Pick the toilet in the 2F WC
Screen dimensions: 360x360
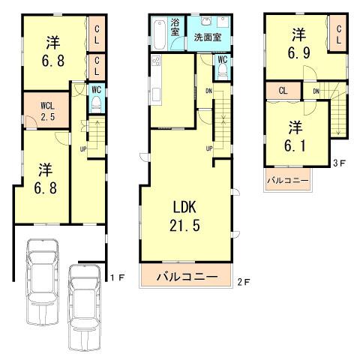coord(222,71)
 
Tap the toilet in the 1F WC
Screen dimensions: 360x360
coord(94,106)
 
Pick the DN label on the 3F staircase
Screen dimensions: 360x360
coord(316,91)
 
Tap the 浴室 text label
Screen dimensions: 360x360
coord(174,26)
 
